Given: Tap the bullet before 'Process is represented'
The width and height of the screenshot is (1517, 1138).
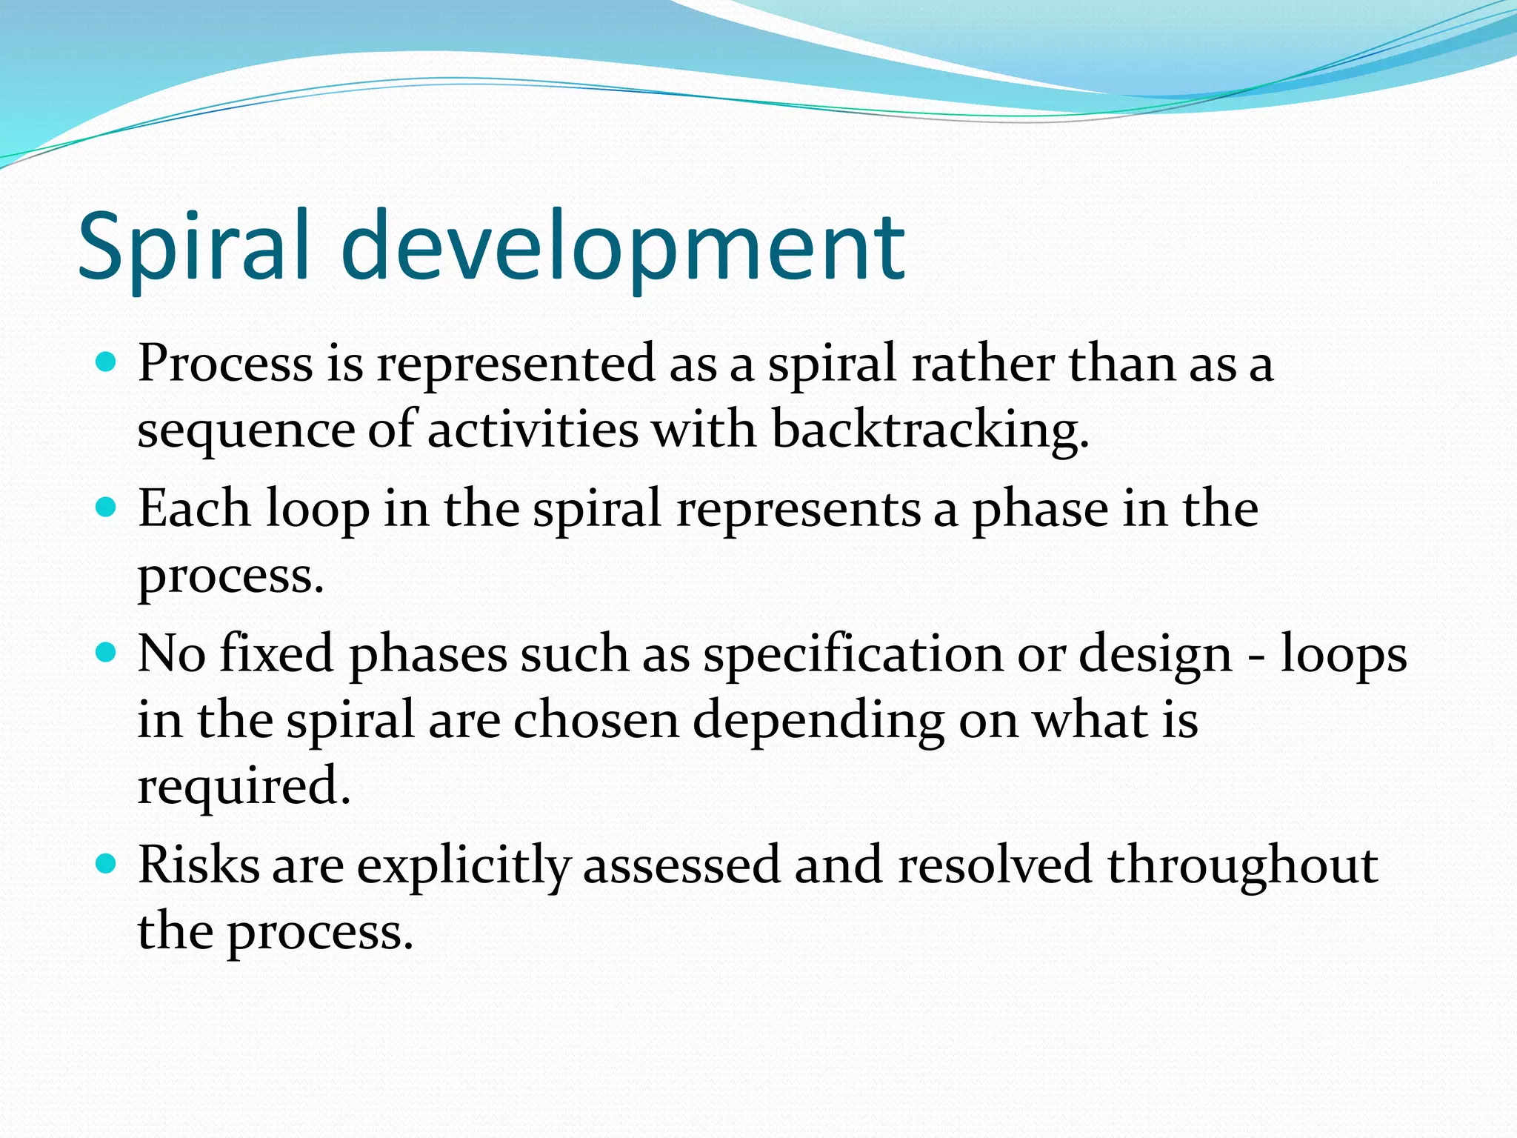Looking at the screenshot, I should point(107,362).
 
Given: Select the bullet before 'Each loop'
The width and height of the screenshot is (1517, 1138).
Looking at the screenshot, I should point(107,508).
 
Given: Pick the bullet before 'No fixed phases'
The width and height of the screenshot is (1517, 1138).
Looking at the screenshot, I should point(107,653).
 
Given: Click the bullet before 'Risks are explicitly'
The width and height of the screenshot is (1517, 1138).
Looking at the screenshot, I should point(107,863).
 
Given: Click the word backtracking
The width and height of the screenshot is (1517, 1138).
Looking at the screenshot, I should point(930,430).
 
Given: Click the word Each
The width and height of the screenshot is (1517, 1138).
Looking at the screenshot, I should point(194,509).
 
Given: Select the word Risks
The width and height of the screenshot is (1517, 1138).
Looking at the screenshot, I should point(199,865).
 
